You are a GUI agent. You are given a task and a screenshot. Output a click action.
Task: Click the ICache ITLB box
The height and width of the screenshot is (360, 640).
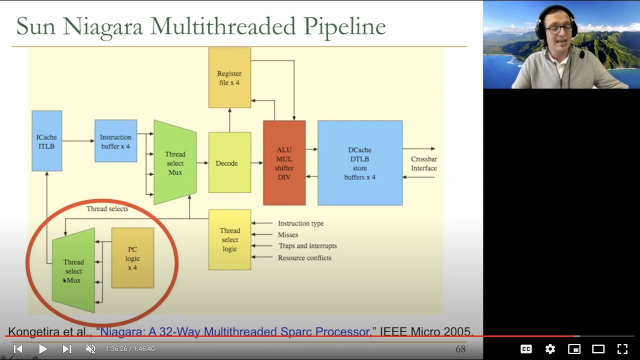click(47, 141)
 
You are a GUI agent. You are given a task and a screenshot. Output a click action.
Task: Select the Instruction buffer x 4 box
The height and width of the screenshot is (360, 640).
click(115, 141)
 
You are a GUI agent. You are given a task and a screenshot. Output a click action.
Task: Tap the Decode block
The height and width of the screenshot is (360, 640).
click(229, 162)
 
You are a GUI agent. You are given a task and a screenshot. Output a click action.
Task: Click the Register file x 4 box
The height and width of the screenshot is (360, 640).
click(229, 77)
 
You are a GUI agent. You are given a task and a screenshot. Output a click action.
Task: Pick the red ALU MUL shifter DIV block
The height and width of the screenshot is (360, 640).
click(284, 163)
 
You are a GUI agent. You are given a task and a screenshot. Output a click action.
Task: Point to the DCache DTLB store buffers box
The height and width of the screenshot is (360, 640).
click(360, 163)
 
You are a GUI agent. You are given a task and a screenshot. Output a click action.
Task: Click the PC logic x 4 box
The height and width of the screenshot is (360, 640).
click(132, 258)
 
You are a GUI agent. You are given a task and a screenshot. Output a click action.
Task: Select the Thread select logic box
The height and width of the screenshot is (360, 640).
click(229, 239)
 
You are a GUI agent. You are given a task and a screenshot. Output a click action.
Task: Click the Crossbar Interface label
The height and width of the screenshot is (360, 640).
click(424, 163)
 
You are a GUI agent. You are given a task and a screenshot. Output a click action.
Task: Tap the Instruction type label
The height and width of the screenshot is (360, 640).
click(301, 223)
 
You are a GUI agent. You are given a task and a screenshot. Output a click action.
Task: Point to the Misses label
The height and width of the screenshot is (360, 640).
click(288, 235)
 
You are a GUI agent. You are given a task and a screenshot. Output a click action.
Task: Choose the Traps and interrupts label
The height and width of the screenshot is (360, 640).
click(307, 246)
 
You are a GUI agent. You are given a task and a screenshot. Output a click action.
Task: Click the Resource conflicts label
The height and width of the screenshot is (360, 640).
click(304, 258)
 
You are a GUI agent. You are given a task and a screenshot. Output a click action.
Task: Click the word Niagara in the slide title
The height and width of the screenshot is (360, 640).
click(103, 27)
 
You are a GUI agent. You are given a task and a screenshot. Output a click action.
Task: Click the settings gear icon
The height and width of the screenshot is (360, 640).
click(550, 349)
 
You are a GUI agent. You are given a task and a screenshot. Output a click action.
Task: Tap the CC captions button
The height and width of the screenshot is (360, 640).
click(526, 349)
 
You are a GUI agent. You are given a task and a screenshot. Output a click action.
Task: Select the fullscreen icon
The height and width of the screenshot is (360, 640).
click(622, 349)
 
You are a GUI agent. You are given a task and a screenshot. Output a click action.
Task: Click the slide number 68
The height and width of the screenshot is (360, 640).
click(460, 349)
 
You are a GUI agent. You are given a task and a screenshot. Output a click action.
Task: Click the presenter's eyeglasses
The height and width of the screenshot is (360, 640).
click(558, 29)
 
